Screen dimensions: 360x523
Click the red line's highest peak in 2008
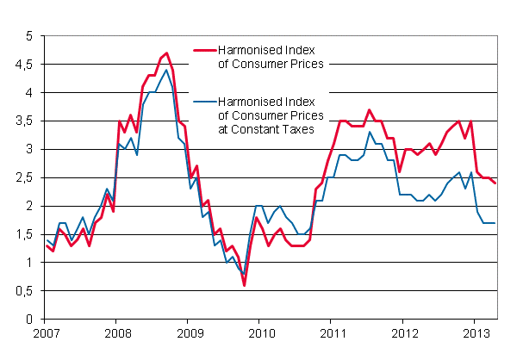pyautogui.click(x=165, y=53)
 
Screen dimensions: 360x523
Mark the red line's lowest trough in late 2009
pyautogui.click(x=244, y=285)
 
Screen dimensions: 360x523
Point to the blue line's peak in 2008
pyautogui.click(x=165, y=71)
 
